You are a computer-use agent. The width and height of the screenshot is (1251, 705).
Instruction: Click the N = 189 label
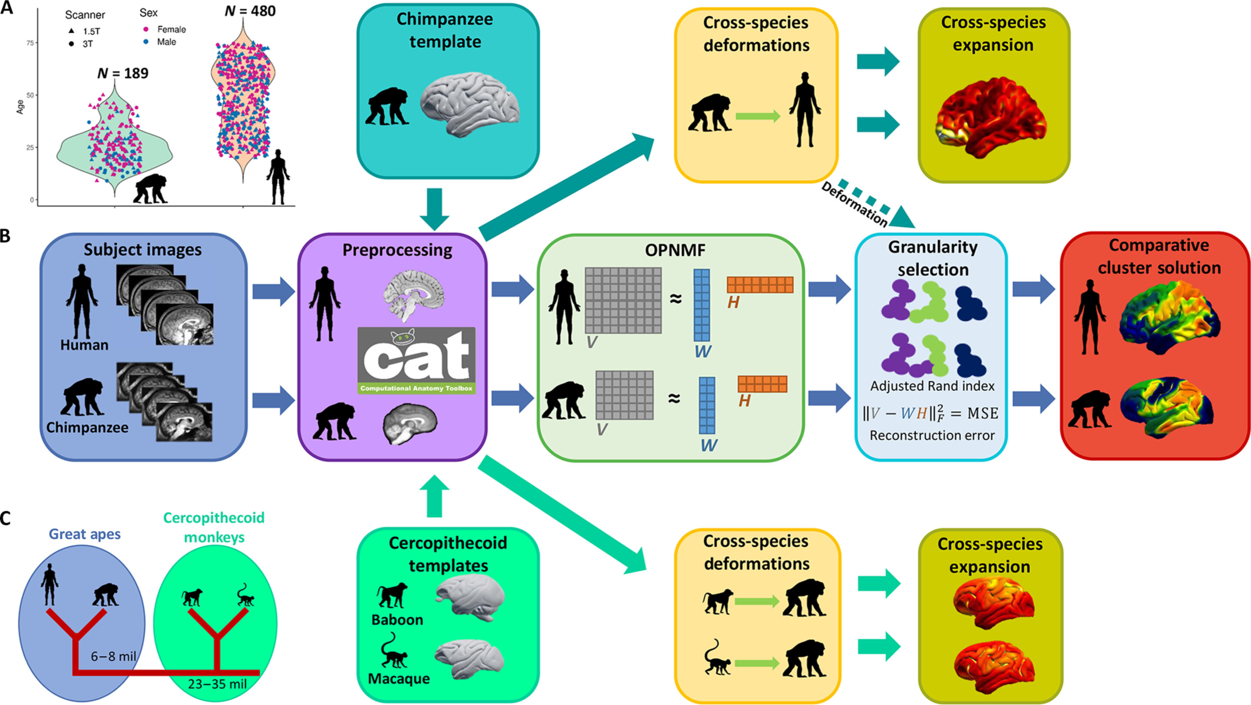123,73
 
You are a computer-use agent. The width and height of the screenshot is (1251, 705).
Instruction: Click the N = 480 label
250,11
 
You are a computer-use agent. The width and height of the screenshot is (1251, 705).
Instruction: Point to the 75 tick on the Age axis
30,43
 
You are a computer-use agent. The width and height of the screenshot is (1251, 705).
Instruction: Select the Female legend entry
165,30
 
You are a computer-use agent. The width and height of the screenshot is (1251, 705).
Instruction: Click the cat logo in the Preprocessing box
416,360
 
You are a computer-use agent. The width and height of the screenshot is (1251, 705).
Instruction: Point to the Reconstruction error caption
932,436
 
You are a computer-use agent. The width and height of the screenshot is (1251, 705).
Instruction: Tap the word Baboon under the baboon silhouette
397,620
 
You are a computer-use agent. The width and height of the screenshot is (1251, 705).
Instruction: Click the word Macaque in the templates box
399,679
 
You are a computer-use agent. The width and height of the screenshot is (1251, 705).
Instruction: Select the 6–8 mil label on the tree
113,657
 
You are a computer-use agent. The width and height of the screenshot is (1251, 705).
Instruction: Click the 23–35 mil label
218,685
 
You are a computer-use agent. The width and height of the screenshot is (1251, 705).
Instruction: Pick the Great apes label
85,534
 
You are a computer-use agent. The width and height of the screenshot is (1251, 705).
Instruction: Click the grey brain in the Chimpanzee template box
470,105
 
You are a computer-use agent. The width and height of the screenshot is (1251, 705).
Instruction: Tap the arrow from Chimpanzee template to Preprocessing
435,209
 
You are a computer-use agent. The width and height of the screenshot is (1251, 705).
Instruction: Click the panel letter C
5,519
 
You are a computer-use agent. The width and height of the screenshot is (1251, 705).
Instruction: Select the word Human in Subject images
85,345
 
